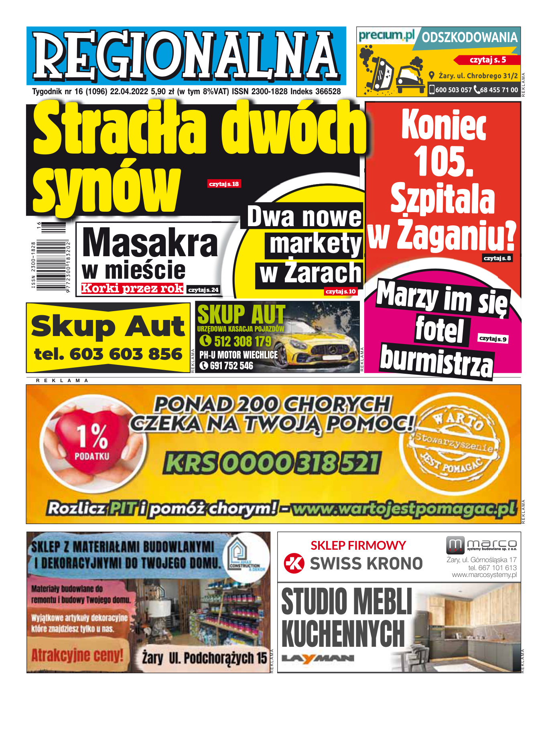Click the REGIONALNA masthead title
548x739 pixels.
pyautogui.click(x=186, y=56)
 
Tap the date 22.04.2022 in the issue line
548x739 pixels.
pyautogui.click(x=129, y=92)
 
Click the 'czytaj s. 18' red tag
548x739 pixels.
pyautogui.click(x=224, y=184)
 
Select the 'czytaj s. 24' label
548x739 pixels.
pyautogui.click(x=203, y=290)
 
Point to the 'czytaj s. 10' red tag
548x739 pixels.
pyautogui.click(x=341, y=292)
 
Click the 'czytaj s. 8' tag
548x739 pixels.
pyautogui.click(x=497, y=258)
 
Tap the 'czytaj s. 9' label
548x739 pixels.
pyautogui.click(x=493, y=339)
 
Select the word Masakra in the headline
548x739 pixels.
pyautogui.click(x=150, y=243)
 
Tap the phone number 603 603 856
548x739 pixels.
pyautogui.click(x=126, y=354)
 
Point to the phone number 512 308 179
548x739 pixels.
pyautogui.click(x=242, y=341)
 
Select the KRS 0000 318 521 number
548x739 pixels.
pyautogui.click(x=272, y=463)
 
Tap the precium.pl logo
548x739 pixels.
pyautogui.click(x=386, y=36)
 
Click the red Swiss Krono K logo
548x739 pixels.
pyautogui.click(x=294, y=563)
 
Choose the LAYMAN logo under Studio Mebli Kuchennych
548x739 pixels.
pyautogui.click(x=318, y=658)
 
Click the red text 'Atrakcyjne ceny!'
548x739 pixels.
pyautogui.click(x=77, y=656)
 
